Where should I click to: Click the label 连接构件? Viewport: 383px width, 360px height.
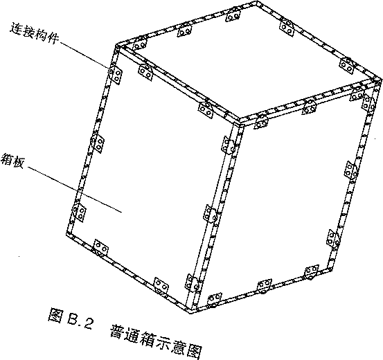35,33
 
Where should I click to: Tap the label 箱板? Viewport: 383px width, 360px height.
12,160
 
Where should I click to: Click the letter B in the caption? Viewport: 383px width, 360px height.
73,318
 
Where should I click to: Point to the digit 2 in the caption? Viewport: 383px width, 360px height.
88,323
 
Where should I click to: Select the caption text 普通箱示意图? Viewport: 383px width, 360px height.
156,341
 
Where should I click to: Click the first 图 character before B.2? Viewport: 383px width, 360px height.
55,315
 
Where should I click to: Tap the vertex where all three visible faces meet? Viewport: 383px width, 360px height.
240,121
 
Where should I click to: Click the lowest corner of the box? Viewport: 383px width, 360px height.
190,312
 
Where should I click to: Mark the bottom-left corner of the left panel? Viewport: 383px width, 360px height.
67,234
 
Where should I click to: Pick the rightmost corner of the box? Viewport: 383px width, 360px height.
380,80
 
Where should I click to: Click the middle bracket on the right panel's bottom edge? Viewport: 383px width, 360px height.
265,286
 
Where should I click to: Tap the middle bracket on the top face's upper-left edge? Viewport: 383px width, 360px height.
184,30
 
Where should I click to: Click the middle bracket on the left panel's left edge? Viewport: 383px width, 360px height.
98,143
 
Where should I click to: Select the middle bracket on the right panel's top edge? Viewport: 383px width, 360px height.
309,107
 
